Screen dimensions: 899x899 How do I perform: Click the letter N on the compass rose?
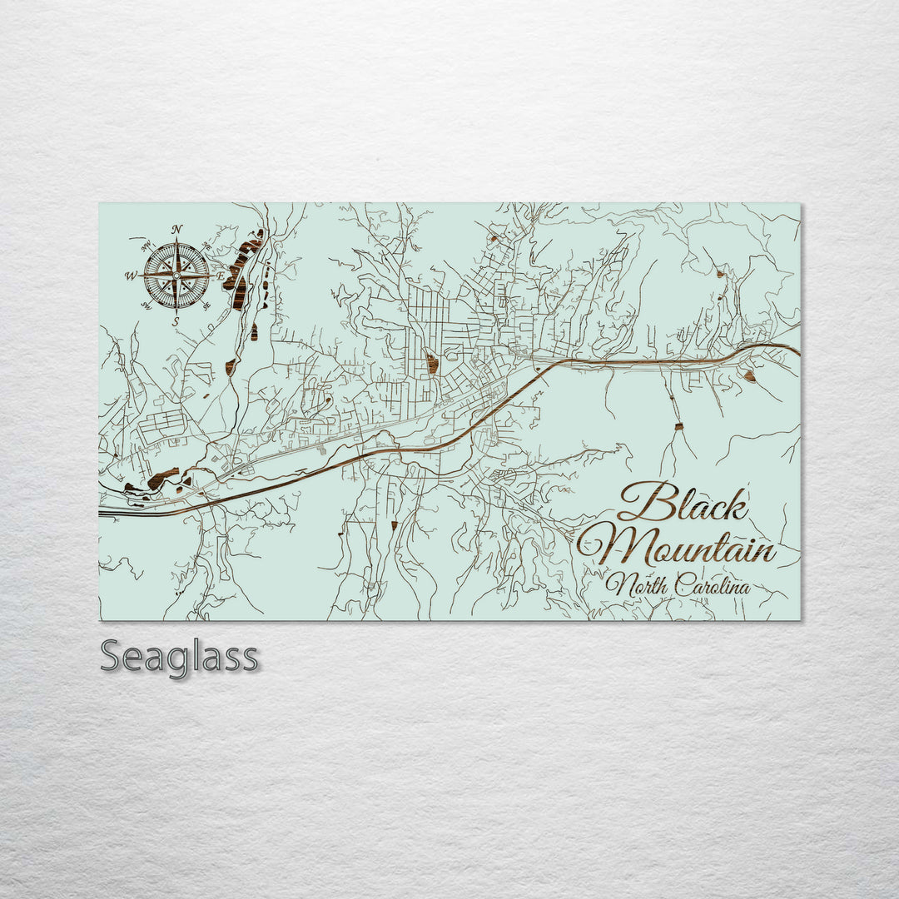click(176, 231)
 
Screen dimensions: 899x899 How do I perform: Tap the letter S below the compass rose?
click(176, 321)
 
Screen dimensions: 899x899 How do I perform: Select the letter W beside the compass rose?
click(131, 276)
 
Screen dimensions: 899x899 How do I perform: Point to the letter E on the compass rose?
click(221, 276)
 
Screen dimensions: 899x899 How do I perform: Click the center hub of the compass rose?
click(176, 276)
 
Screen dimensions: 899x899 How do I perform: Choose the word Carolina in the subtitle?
click(713, 586)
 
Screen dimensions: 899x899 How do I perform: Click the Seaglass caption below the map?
click(179, 657)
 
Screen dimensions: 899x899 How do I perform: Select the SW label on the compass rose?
click(146, 306)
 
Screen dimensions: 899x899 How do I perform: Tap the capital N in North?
click(617, 585)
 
